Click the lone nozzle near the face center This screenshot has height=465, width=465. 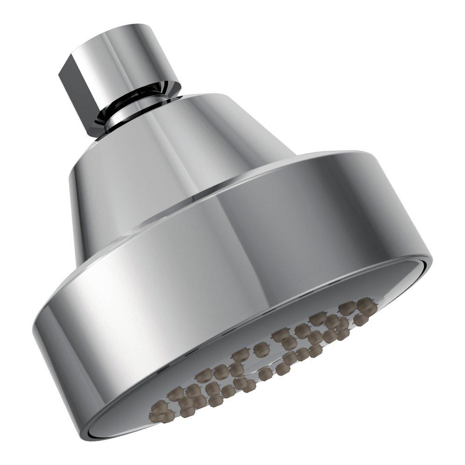(x=261, y=349)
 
